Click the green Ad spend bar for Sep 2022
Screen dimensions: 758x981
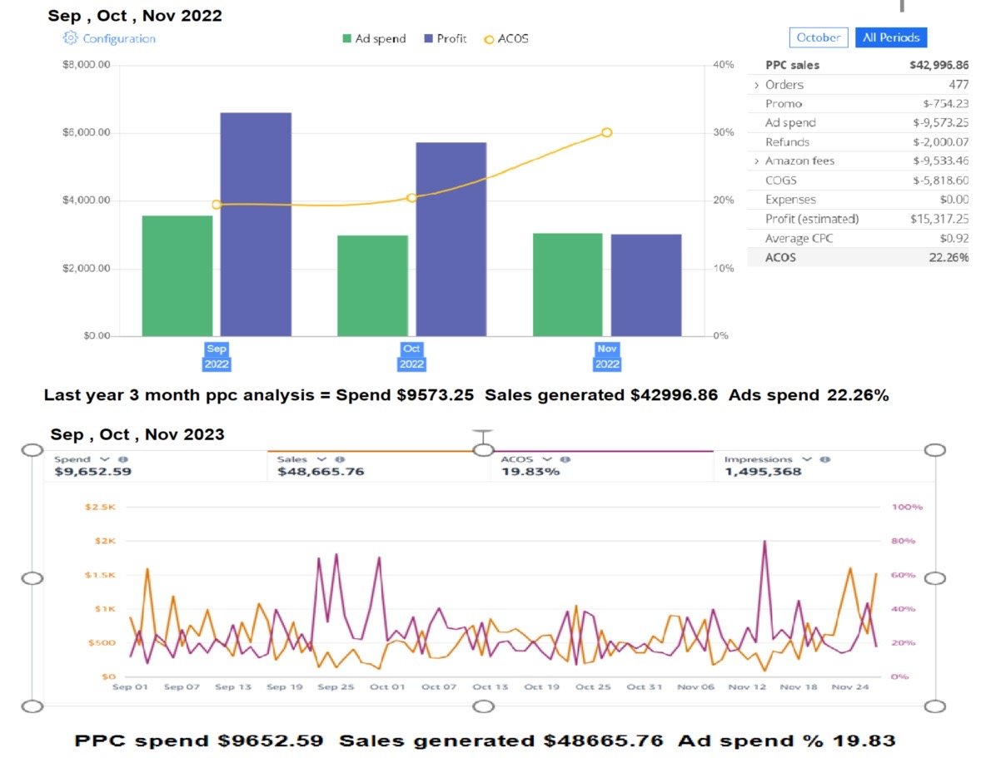point(177,275)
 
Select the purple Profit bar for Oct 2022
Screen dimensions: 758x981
point(451,239)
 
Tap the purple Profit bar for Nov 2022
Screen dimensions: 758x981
point(646,285)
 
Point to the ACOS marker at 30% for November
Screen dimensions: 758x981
point(606,132)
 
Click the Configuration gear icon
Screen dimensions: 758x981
point(70,38)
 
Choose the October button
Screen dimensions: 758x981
point(818,37)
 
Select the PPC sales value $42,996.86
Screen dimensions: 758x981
point(939,65)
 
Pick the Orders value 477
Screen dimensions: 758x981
point(958,84)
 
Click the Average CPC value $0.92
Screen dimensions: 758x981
point(955,239)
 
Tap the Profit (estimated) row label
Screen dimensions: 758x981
point(811,219)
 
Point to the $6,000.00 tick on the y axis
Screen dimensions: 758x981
point(87,132)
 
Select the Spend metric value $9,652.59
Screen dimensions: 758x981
point(92,472)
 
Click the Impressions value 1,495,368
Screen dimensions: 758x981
point(763,472)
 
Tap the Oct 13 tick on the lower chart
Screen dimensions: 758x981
point(490,687)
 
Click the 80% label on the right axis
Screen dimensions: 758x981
point(903,541)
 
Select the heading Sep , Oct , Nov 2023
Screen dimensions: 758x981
point(137,434)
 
